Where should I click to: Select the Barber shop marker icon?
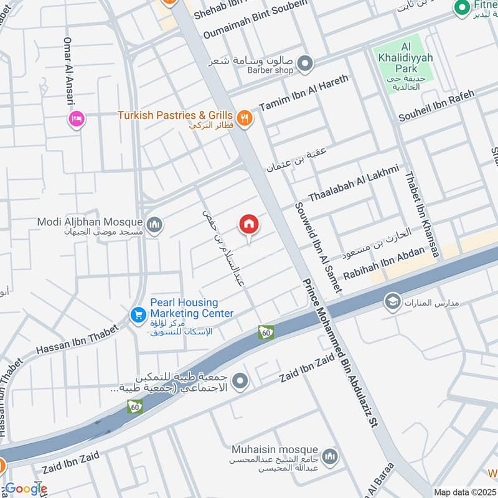[x=304, y=63]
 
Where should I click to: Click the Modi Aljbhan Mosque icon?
[x=154, y=223]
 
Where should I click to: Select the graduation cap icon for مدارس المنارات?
[x=392, y=303]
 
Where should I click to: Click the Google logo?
[x=25, y=489]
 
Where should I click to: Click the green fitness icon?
[x=461, y=8]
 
